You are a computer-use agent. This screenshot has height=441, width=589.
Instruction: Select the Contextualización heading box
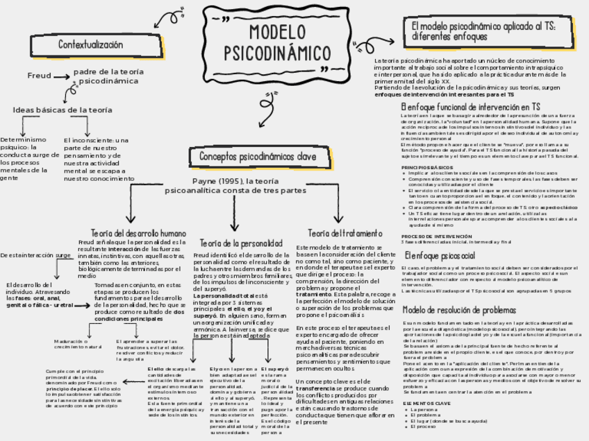90,45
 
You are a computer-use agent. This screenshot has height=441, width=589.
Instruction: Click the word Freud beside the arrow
39,75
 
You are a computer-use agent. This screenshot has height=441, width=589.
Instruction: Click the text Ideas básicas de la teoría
63,110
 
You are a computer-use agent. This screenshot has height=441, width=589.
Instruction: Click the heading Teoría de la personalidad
241,243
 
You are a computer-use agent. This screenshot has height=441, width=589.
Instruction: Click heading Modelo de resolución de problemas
459,310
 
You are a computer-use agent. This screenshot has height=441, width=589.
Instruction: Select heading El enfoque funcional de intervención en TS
470,107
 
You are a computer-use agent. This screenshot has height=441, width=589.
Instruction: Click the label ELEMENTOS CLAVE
426,402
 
